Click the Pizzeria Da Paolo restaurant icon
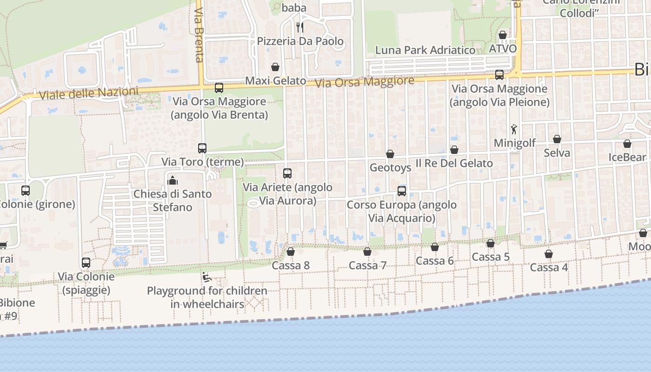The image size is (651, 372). coord(300,27)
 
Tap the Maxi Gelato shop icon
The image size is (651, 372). coord(275,67)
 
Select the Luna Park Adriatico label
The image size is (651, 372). coord(425,50)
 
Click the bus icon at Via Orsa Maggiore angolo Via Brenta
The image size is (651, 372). coord(219,87)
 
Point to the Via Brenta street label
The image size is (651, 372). coord(199,35)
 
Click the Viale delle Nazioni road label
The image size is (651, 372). coord(89,93)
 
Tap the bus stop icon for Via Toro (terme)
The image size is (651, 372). coord(202,148)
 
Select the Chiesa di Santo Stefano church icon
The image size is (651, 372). coord(173,180)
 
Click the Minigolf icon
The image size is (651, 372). coord(514,129)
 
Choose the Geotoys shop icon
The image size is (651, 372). coord(390,154)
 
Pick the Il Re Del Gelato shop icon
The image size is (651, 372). coord(454,150)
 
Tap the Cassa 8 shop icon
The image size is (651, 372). coord(291,252)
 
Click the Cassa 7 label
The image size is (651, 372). coord(367,266)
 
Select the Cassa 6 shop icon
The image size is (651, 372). coord(435,247)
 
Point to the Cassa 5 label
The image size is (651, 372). coord(491,257)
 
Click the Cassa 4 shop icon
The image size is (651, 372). coord(549,254)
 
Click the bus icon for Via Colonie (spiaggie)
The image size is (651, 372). coord(86,263)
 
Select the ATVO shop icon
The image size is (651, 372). coord(503,35)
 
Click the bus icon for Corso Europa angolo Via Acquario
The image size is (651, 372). coord(402,191)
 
